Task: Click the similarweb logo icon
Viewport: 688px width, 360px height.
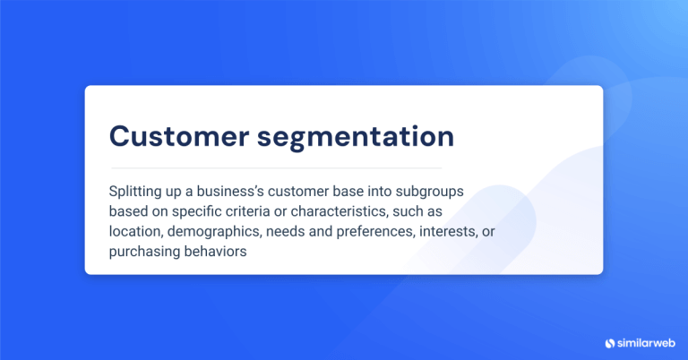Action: click(x=610, y=342)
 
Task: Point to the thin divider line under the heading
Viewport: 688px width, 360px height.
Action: click(x=276, y=167)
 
